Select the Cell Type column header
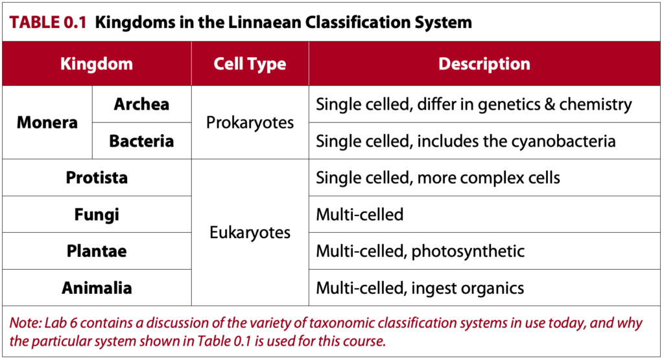coord(250,64)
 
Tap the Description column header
coord(484,64)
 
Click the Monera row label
coord(47,123)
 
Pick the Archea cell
coord(141,104)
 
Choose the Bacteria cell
coord(141,141)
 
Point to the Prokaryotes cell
coord(250,123)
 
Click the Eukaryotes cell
coord(250,233)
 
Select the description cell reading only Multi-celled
coord(359,214)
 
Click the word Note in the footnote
coord(22,324)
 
